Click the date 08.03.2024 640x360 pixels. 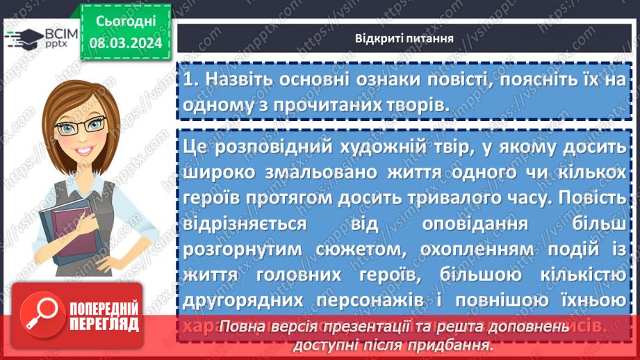(x=125, y=43)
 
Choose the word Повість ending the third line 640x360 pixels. (x=598, y=198)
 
